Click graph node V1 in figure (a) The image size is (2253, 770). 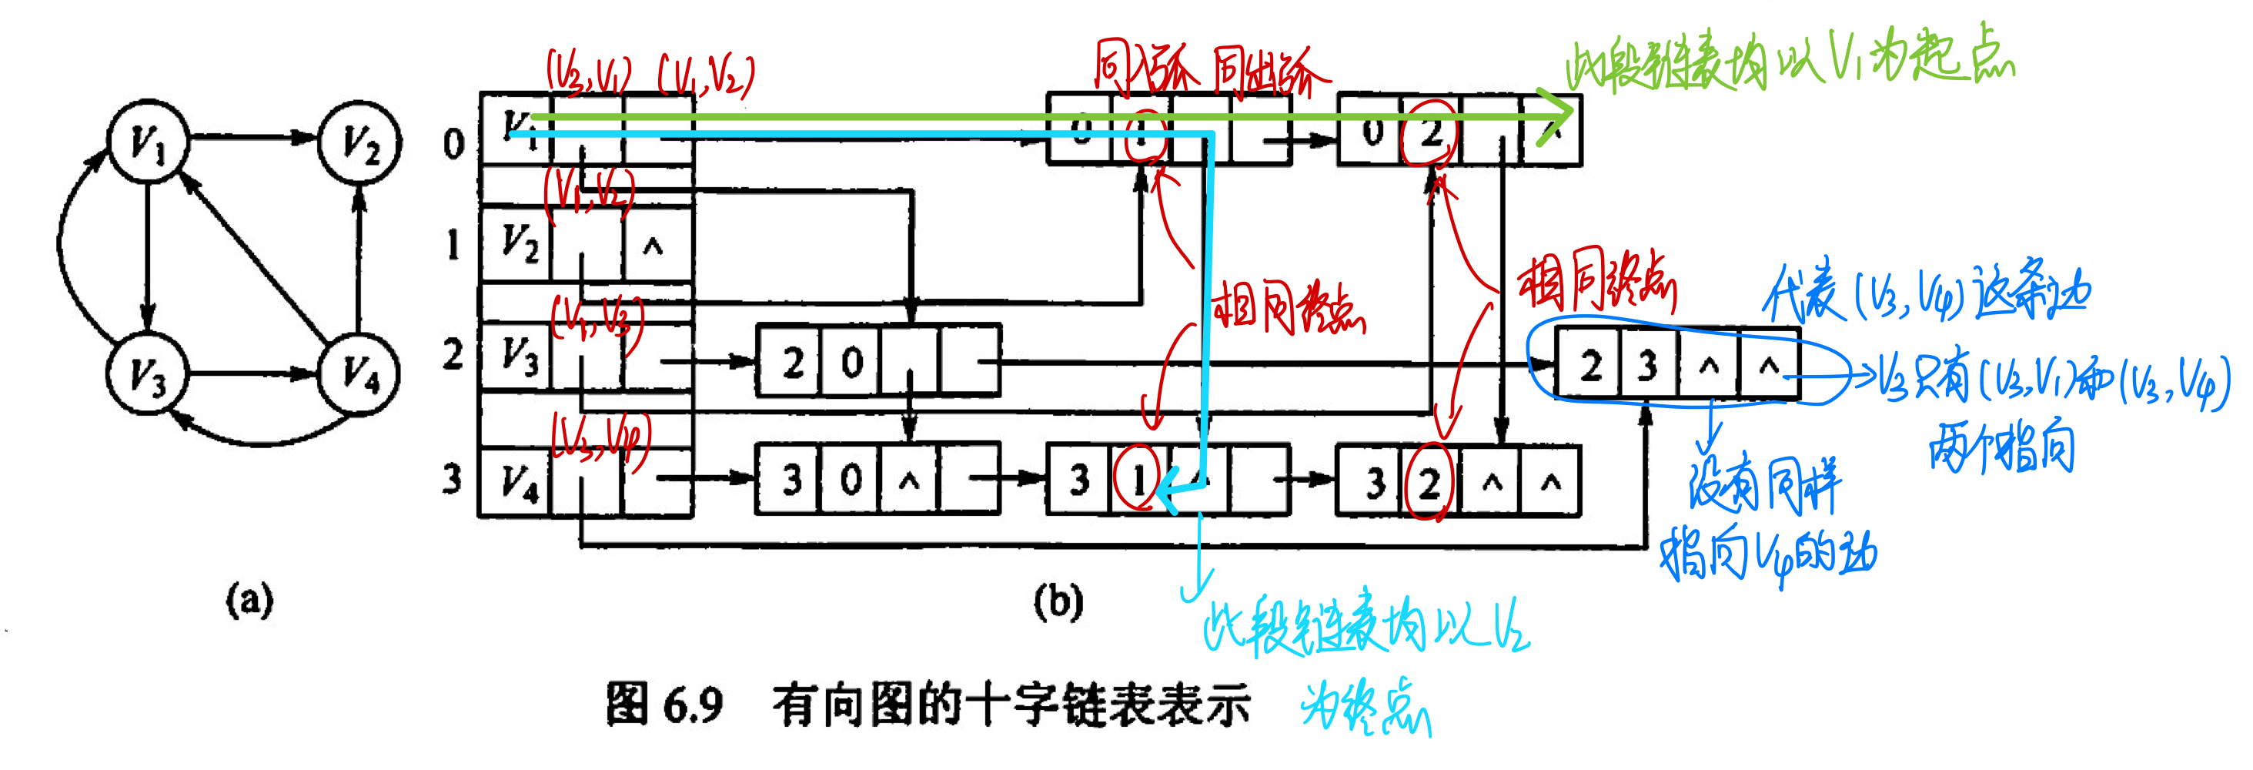point(147,141)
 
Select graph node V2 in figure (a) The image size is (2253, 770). point(359,141)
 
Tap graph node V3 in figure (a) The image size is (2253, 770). point(147,373)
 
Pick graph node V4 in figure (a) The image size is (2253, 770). point(359,373)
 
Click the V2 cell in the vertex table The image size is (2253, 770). point(518,243)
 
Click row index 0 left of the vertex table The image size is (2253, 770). point(453,142)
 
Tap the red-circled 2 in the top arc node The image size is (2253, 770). point(1430,134)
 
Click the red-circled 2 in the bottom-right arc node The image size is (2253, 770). point(1429,482)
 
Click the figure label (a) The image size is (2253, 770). point(249,601)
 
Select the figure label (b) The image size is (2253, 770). point(1058,601)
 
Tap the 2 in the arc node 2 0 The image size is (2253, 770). point(792,362)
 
